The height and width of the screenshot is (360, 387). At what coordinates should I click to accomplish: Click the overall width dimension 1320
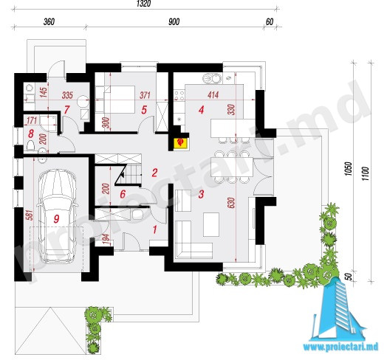(143, 4)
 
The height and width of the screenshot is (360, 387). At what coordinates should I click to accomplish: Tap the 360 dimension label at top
(49, 21)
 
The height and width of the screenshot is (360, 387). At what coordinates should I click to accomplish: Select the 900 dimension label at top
(174, 21)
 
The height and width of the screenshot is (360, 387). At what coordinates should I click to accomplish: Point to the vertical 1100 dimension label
(366, 173)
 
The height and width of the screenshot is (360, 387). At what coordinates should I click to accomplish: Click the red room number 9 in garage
(57, 218)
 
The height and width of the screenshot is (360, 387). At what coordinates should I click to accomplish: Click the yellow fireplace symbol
(182, 142)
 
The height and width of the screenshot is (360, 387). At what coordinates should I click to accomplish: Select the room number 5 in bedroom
(144, 110)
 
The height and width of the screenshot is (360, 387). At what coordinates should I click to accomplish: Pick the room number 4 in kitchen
(201, 110)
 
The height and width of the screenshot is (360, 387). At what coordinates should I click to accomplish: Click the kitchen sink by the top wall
(212, 79)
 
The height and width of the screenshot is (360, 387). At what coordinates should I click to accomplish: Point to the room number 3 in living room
(201, 194)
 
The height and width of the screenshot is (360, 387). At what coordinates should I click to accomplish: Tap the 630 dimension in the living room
(231, 203)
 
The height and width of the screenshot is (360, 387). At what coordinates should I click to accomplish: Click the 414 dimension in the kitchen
(213, 95)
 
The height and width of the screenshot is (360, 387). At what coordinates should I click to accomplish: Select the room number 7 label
(66, 110)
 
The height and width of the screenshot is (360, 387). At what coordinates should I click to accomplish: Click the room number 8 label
(31, 134)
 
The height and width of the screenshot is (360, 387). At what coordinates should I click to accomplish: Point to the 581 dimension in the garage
(30, 215)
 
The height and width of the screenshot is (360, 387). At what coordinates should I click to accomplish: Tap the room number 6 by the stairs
(123, 194)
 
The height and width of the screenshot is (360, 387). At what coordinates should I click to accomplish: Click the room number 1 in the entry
(155, 229)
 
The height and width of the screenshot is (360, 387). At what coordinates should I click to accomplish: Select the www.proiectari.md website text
(340, 347)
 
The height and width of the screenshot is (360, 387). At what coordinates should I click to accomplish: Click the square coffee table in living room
(211, 224)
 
